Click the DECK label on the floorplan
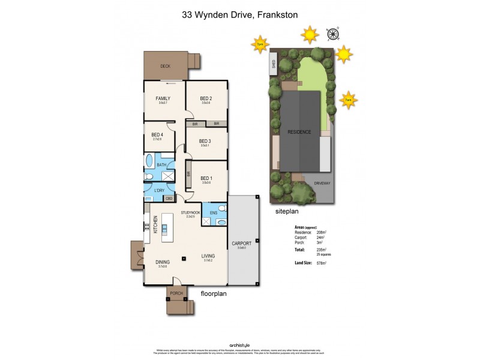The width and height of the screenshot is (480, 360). click(165, 67)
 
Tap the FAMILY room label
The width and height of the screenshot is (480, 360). click(163, 98)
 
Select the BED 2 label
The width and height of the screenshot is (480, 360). click(206, 98)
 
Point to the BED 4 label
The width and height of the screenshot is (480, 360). click(157, 134)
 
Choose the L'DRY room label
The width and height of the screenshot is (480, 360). click(159, 191)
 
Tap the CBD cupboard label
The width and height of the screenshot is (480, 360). click(169, 199)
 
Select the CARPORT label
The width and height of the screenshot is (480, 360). click(241, 244)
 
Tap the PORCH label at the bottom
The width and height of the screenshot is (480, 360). click(176, 293)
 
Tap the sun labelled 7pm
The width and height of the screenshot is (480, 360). click(260, 44)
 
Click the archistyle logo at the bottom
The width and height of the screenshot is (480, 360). click(239, 344)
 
